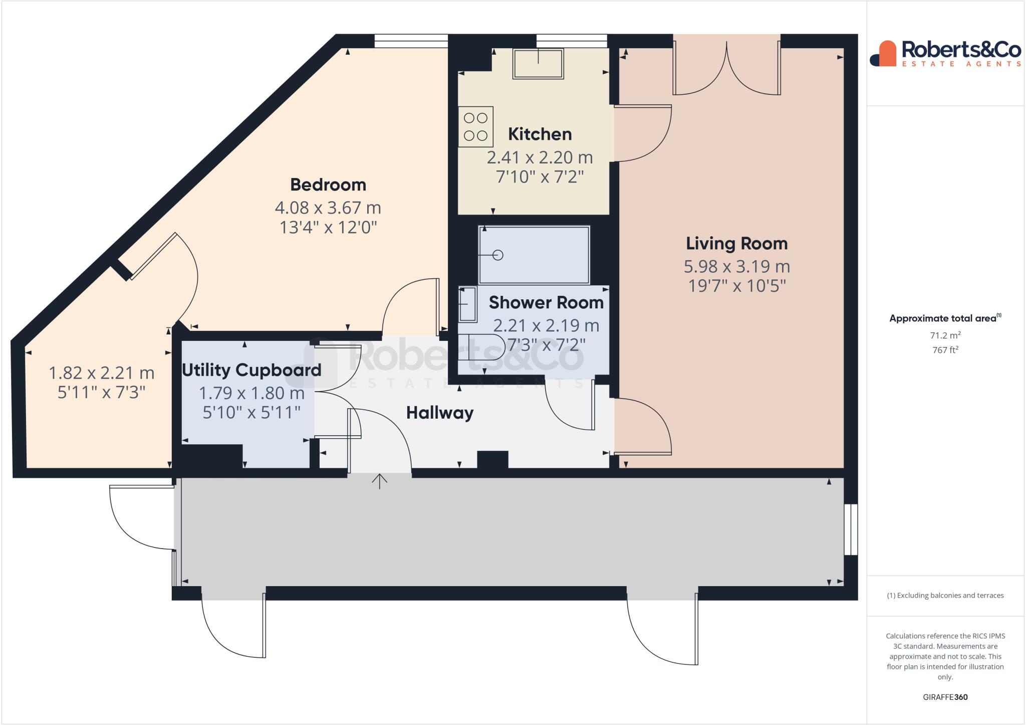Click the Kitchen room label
point(540,134)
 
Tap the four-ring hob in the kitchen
point(475,126)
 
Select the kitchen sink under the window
point(538,64)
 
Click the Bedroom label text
point(328,185)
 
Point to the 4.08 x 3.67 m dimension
point(328,208)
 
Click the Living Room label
point(736,244)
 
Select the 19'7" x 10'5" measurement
point(736,286)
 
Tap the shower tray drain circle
point(497,255)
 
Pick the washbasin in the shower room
point(468,304)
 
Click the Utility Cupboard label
point(251,370)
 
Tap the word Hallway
point(439,413)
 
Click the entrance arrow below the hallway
point(380,482)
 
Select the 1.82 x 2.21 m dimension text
point(101,373)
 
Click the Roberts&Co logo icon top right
point(883,54)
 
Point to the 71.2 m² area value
point(945,335)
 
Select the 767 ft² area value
point(945,350)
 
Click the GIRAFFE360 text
point(945,697)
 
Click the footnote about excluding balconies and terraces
point(945,596)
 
